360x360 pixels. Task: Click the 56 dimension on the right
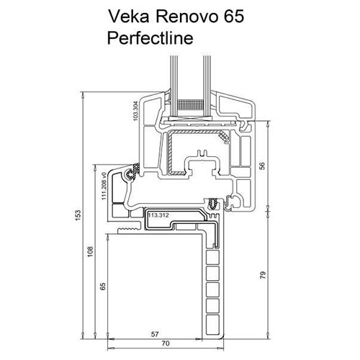[x=263, y=165]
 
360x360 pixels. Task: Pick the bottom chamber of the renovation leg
[x=212, y=320]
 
